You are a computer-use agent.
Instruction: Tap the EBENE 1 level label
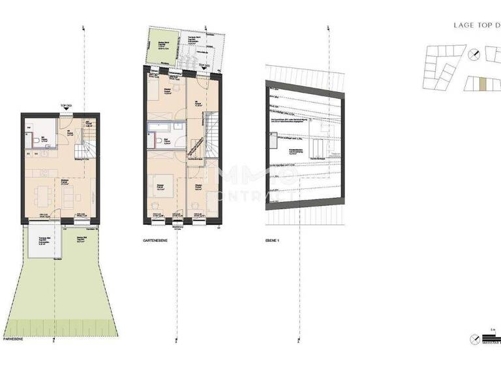click(274, 241)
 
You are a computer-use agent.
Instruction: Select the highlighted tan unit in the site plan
click(482, 83)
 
